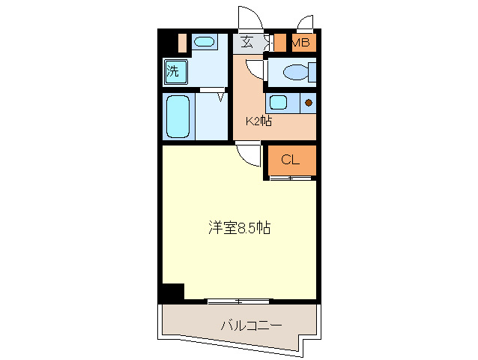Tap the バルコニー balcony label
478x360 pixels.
coord(251,325)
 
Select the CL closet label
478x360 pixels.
coord(290,159)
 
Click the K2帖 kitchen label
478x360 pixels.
coord(258,121)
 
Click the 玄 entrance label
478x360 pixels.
coord(246,43)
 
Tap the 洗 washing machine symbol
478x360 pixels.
coord(173,72)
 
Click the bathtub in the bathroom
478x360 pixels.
coord(178,115)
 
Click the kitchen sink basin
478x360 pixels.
coord(278,102)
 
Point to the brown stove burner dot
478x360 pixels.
coord(308,103)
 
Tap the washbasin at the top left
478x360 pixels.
coord(203,42)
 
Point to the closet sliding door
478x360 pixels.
coord(291,178)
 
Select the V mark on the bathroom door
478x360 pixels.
coord(221,95)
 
